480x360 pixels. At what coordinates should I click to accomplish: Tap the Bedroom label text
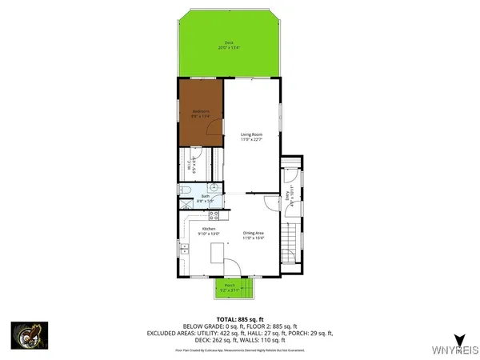point(200,113)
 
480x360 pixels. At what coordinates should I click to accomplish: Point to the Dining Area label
point(254,236)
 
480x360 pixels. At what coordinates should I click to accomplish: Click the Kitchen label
point(210,232)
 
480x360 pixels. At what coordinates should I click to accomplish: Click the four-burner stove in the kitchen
point(214,215)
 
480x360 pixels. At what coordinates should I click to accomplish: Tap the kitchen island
point(215,254)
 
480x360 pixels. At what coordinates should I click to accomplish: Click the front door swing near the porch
point(231,267)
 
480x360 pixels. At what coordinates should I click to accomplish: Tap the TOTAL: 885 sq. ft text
point(239,318)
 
